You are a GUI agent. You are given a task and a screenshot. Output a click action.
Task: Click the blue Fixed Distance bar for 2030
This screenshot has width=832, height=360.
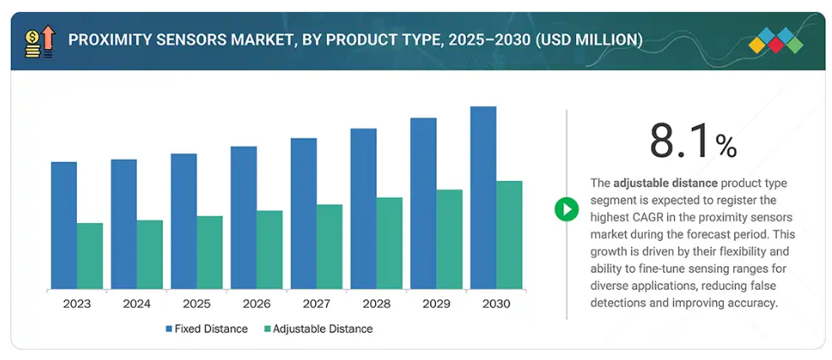coord(483,198)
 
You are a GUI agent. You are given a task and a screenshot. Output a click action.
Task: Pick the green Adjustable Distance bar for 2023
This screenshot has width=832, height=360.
coord(90,256)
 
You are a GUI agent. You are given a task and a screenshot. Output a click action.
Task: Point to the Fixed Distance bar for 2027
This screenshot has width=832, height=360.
coord(303,214)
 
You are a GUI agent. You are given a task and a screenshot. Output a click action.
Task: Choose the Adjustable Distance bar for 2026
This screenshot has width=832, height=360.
coord(269,250)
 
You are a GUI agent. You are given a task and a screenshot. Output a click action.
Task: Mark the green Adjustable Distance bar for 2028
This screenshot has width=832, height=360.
coord(389,243)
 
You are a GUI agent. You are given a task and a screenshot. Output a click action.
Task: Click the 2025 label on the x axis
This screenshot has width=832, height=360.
coord(196,303)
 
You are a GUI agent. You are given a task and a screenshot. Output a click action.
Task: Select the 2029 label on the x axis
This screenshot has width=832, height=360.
coord(436,303)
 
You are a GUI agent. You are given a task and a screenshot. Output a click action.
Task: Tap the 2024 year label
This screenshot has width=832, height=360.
coord(136,303)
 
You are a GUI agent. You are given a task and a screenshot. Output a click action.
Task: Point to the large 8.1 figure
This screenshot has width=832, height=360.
coord(680,141)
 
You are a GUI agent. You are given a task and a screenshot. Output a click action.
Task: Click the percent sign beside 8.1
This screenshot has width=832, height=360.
coord(726,147)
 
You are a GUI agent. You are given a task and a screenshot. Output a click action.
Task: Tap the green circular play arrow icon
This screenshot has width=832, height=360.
coord(566,208)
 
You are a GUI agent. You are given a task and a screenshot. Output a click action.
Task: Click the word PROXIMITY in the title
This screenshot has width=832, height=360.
coord(109,40)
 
